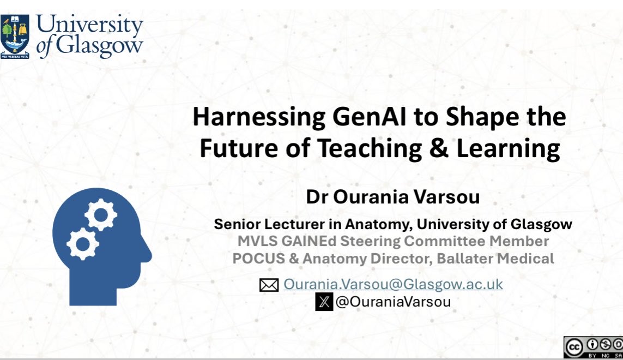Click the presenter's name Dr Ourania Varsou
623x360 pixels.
(393, 197)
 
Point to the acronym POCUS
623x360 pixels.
(254, 258)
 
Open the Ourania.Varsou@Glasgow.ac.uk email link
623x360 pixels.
(393, 284)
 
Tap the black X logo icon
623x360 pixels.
(324, 302)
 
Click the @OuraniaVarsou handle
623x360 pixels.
(393, 302)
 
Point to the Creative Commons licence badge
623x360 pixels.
(593, 347)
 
